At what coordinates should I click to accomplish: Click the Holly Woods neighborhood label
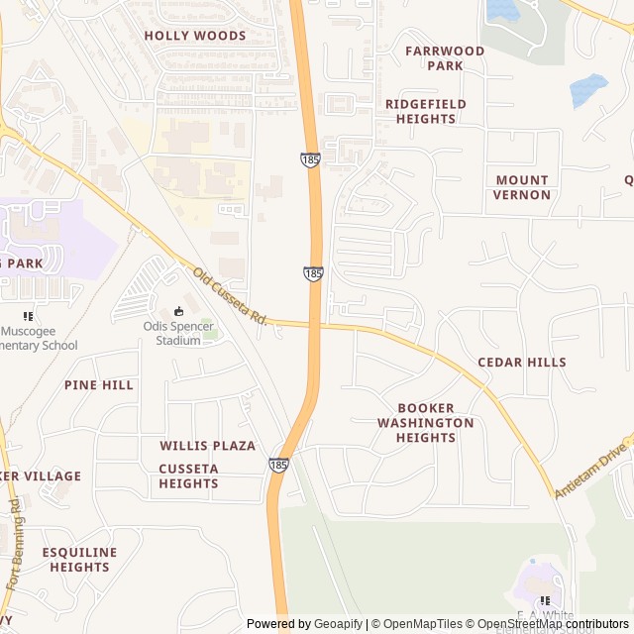click(x=194, y=36)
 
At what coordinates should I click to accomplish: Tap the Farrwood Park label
click(x=445, y=58)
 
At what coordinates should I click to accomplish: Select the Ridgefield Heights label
click(x=425, y=111)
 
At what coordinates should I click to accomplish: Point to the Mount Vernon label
click(x=522, y=187)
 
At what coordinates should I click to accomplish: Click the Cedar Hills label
click(x=522, y=363)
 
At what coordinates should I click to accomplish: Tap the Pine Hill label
click(x=99, y=385)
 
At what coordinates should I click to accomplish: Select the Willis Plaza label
click(x=208, y=447)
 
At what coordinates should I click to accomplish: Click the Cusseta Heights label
click(x=188, y=475)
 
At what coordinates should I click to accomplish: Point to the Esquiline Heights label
click(x=79, y=560)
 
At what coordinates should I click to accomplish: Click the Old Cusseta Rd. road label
click(x=231, y=297)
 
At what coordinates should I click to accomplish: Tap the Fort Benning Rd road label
click(x=14, y=545)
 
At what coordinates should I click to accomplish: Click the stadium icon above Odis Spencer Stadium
click(x=178, y=311)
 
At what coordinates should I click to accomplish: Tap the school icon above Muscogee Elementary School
click(x=28, y=316)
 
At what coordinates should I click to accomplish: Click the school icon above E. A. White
click(x=544, y=601)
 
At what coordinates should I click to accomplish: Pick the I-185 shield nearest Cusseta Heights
click(x=278, y=464)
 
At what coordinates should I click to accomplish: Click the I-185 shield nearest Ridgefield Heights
click(x=311, y=158)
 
